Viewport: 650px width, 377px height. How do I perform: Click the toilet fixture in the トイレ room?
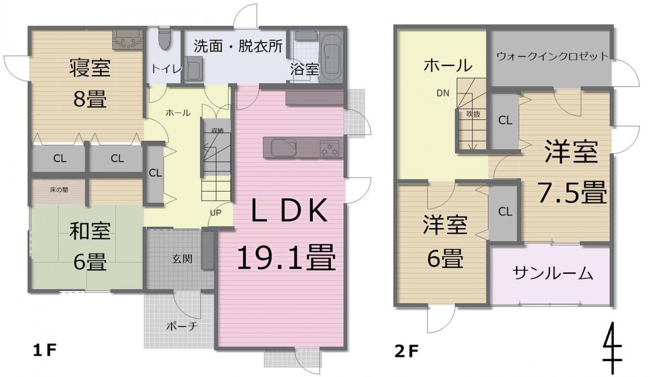(x=164, y=38)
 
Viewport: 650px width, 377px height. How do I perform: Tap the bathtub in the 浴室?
(x=332, y=57)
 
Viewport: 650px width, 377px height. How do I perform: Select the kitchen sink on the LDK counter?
(x=283, y=147)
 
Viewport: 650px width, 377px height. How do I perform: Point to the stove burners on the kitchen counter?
(x=329, y=148)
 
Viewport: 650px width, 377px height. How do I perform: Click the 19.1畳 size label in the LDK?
(x=286, y=258)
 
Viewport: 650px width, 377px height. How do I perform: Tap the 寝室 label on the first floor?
(x=90, y=68)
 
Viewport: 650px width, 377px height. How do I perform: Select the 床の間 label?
(x=59, y=190)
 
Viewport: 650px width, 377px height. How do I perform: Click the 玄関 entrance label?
(x=182, y=259)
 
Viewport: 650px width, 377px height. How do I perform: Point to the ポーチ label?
(x=182, y=327)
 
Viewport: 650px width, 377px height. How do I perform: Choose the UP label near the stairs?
(x=215, y=213)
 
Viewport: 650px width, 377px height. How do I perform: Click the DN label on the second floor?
(x=443, y=93)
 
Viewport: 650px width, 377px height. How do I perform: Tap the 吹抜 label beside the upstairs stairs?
(x=473, y=114)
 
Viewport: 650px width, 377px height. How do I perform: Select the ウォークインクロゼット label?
(x=552, y=56)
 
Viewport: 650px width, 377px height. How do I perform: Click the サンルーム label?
(x=552, y=273)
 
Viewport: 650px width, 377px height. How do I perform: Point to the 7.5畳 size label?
(x=572, y=192)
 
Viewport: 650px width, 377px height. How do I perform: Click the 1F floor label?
(x=44, y=350)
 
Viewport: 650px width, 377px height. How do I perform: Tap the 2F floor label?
(x=406, y=352)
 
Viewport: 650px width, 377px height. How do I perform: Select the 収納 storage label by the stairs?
(x=217, y=131)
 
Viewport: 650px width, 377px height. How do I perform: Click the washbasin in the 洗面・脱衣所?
(x=193, y=69)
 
